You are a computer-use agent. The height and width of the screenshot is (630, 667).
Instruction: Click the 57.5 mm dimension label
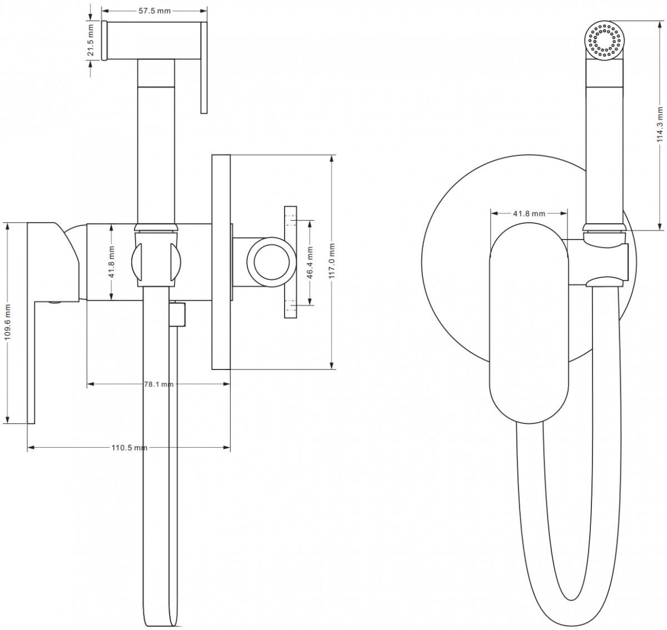155,11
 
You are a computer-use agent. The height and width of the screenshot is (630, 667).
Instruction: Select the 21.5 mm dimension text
91,41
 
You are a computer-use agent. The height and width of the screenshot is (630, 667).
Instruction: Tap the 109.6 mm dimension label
8,322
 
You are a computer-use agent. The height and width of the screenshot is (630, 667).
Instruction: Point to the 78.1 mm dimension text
158,384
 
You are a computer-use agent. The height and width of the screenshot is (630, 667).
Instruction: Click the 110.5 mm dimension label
130,448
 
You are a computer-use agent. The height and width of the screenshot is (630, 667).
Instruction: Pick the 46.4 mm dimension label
310,263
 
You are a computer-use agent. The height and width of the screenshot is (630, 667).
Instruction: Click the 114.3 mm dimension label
660,124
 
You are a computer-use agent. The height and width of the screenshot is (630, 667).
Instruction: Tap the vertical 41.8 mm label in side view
112,262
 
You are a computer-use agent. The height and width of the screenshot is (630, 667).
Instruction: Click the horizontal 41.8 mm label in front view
529,213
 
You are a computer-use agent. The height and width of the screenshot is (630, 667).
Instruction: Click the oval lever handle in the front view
529,323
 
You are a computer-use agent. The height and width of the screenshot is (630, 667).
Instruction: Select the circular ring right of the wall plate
272,262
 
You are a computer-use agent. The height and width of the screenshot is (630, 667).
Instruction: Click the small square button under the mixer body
177,314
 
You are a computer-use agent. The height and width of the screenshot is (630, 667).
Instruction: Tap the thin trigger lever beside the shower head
204,68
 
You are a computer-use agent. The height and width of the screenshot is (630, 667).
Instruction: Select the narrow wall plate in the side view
221,262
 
